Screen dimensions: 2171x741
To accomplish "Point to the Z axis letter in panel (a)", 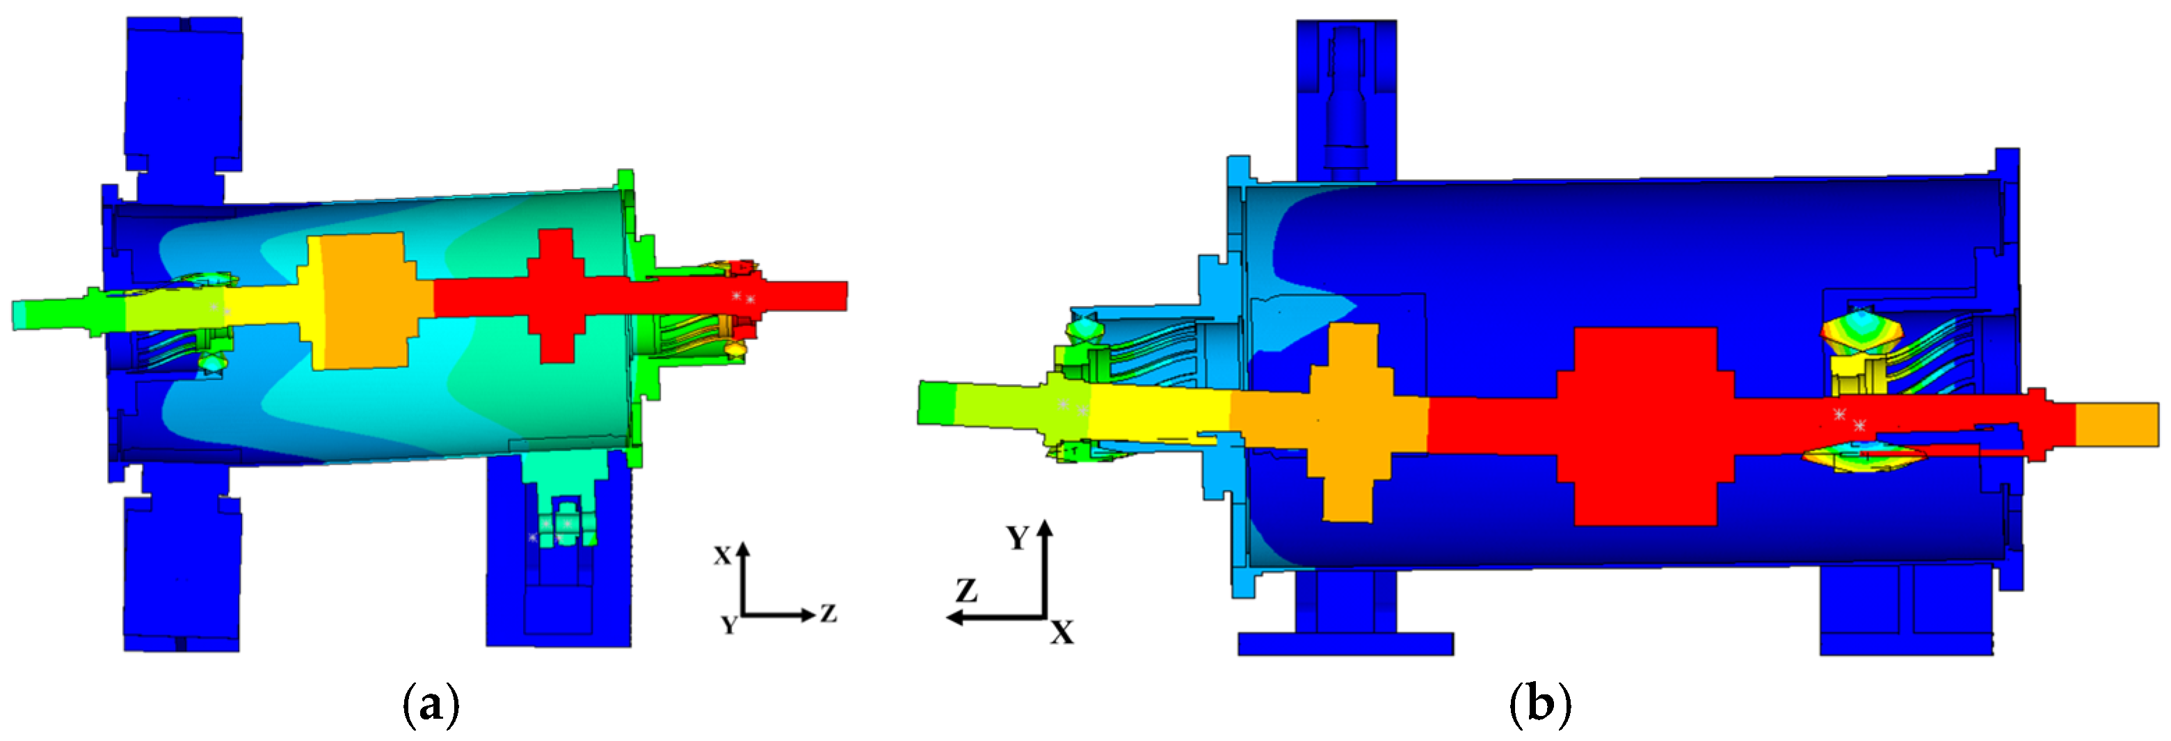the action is (x=828, y=614).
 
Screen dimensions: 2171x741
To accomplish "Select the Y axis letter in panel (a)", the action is (x=729, y=625).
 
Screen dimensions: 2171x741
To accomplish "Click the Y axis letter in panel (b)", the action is (x=1018, y=538).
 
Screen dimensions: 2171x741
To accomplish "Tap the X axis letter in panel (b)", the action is (x=1062, y=632).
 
